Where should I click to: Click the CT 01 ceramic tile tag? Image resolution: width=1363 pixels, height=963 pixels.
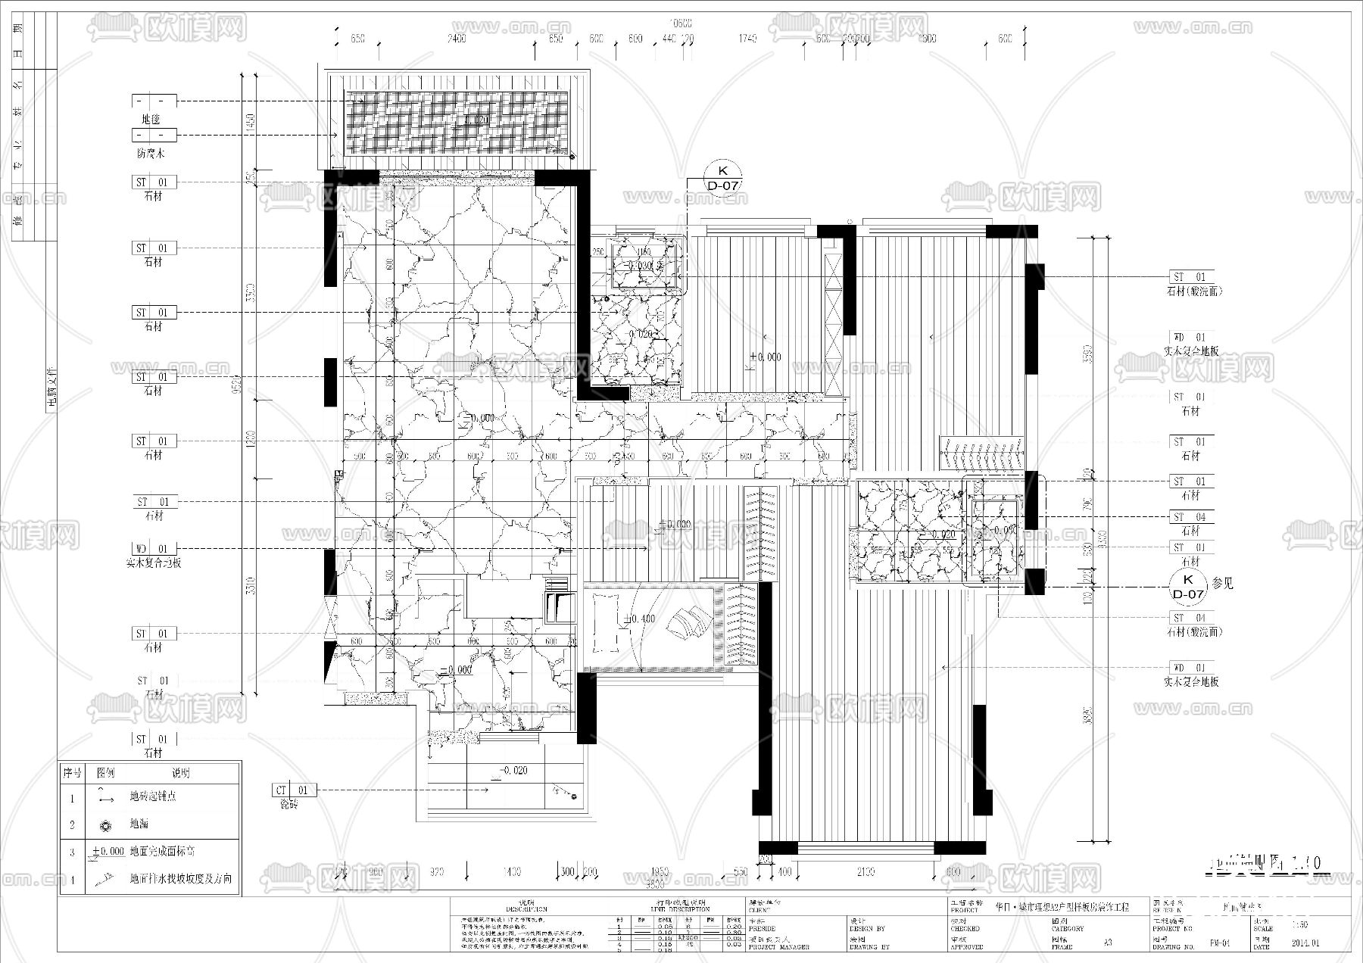[x=292, y=790]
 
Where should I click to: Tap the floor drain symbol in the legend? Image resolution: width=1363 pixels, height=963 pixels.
[x=105, y=824]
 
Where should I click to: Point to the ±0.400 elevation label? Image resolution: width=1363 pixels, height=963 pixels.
[x=640, y=619]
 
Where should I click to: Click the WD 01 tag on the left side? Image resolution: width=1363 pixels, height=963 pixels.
[x=152, y=549]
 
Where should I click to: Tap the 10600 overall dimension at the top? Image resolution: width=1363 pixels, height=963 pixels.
[x=681, y=23]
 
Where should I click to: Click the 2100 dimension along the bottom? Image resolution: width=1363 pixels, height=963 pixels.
[x=866, y=872]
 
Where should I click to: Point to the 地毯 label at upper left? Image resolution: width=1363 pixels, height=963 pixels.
[x=151, y=119]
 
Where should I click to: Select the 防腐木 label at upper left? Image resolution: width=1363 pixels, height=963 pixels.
[x=151, y=153]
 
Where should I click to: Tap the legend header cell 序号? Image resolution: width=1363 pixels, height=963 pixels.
[x=72, y=773]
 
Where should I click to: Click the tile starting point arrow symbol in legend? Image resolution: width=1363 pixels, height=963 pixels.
[x=104, y=796]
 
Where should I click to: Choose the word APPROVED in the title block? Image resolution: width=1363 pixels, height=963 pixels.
[x=965, y=947]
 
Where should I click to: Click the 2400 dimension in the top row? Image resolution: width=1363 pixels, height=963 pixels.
[x=457, y=39]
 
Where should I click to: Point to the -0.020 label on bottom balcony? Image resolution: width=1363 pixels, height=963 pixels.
[x=512, y=771]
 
